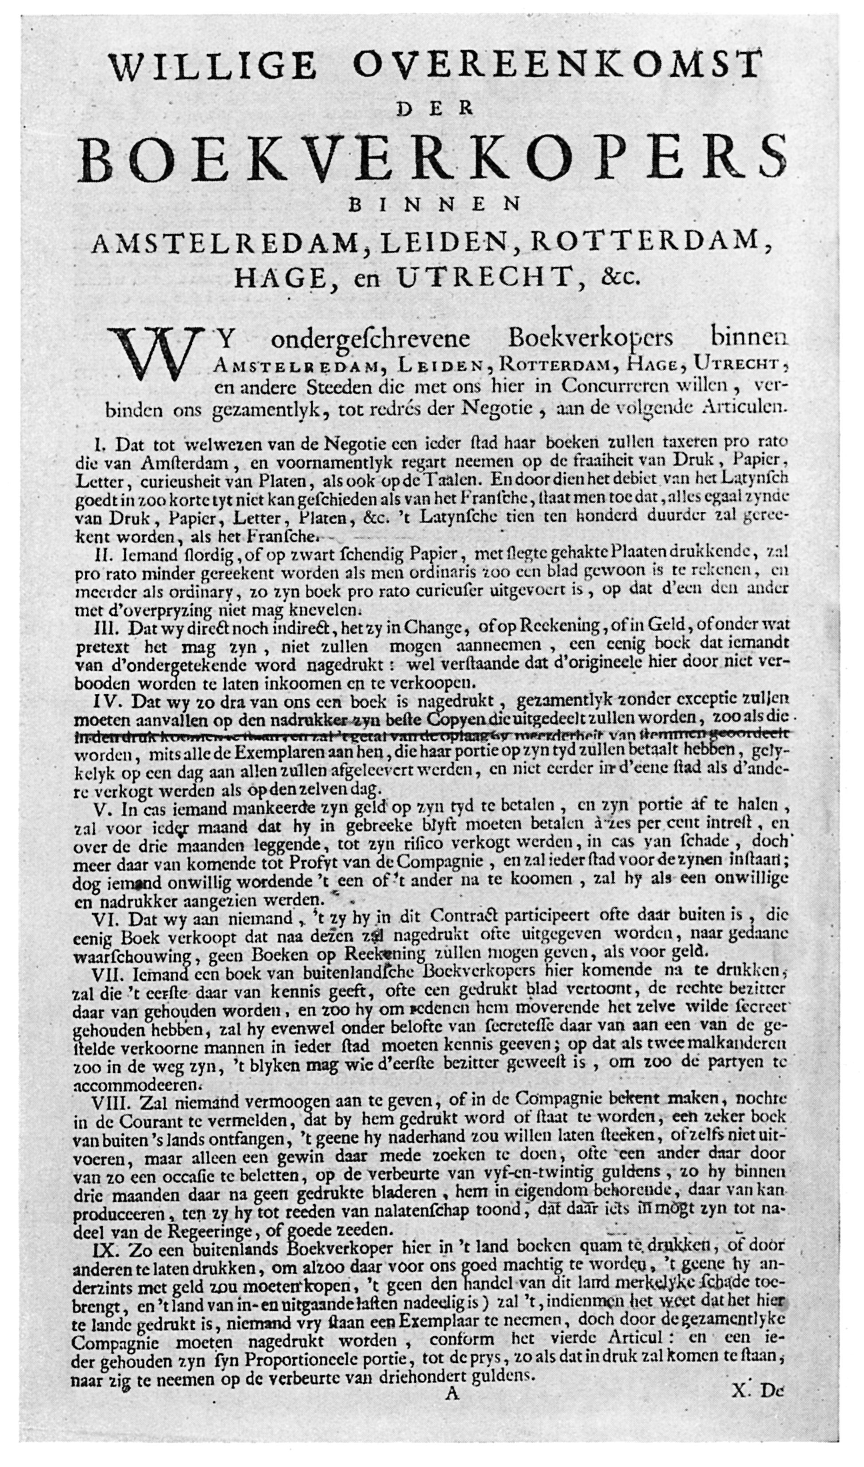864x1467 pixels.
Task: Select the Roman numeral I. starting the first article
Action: click(100, 445)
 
